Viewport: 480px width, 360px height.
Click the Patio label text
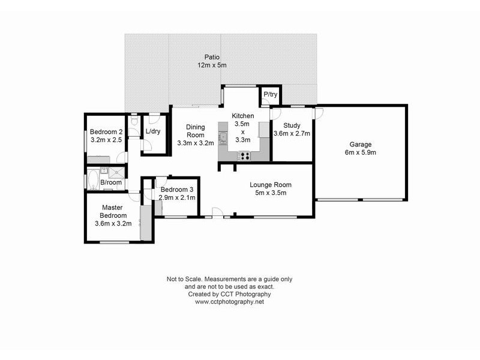coord(212,57)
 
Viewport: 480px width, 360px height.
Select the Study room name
coord(292,125)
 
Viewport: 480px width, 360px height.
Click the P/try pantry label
coord(270,95)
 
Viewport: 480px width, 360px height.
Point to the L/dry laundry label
coord(153,131)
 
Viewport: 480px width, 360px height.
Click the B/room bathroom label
coord(111,182)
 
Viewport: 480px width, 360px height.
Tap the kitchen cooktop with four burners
coord(245,156)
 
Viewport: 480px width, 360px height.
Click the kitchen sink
coord(223,139)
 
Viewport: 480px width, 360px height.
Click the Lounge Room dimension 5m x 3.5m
coord(271,193)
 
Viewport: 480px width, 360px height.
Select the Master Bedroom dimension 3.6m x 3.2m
coord(113,223)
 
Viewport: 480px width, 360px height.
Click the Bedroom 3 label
coord(176,190)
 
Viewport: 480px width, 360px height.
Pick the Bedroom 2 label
coord(106,132)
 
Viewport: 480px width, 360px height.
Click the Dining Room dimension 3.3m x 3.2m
coord(196,143)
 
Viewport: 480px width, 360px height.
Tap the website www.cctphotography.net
coord(229,302)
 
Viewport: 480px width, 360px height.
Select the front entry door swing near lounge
coord(218,211)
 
